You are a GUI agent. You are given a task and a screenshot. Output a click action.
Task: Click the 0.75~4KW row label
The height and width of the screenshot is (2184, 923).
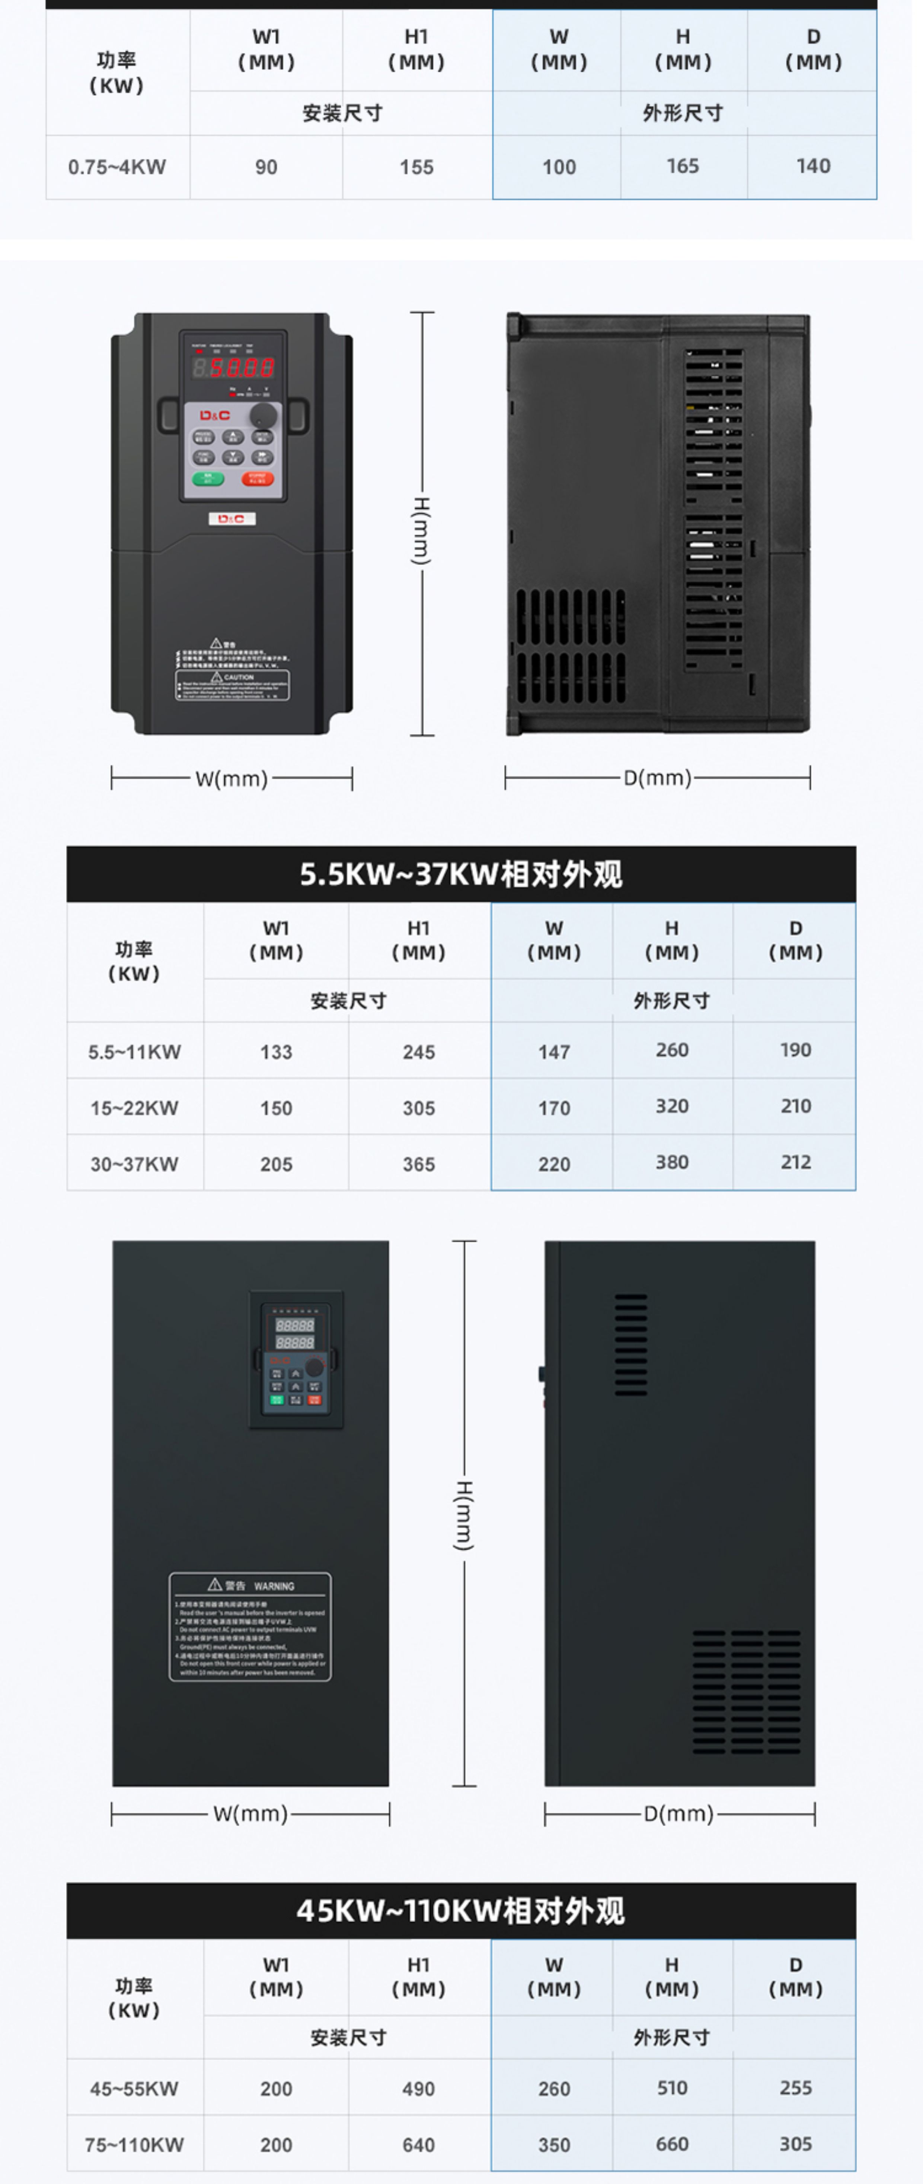point(117,167)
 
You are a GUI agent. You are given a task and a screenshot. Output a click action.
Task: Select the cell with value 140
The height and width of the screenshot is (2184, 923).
point(813,166)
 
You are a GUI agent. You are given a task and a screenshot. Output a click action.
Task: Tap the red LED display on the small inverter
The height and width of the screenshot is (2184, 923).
point(233,367)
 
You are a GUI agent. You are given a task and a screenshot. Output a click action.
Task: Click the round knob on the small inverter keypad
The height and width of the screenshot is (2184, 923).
point(264,415)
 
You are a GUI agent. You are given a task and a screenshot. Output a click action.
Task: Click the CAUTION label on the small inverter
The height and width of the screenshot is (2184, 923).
point(232,685)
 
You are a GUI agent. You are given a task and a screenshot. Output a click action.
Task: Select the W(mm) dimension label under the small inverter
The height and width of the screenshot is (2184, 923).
point(231,778)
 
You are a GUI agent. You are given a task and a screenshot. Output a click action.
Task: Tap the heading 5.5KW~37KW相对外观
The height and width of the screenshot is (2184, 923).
point(461,874)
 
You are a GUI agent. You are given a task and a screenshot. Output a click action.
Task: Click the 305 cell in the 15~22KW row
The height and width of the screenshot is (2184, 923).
point(419,1108)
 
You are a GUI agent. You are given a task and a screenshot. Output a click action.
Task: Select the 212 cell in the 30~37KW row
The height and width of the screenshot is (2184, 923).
point(795,1162)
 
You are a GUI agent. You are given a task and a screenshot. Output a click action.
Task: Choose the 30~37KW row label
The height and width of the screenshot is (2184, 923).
point(135,1164)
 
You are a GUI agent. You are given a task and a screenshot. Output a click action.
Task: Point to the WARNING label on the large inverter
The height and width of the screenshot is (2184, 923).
point(250,1626)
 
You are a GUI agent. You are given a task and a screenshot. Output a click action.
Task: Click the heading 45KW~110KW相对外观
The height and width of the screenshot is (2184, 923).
point(461,1911)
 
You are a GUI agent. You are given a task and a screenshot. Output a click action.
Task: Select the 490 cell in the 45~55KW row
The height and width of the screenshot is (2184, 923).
point(419,2089)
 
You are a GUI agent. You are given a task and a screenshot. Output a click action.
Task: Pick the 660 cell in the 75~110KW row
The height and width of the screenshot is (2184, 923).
point(671,2144)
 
